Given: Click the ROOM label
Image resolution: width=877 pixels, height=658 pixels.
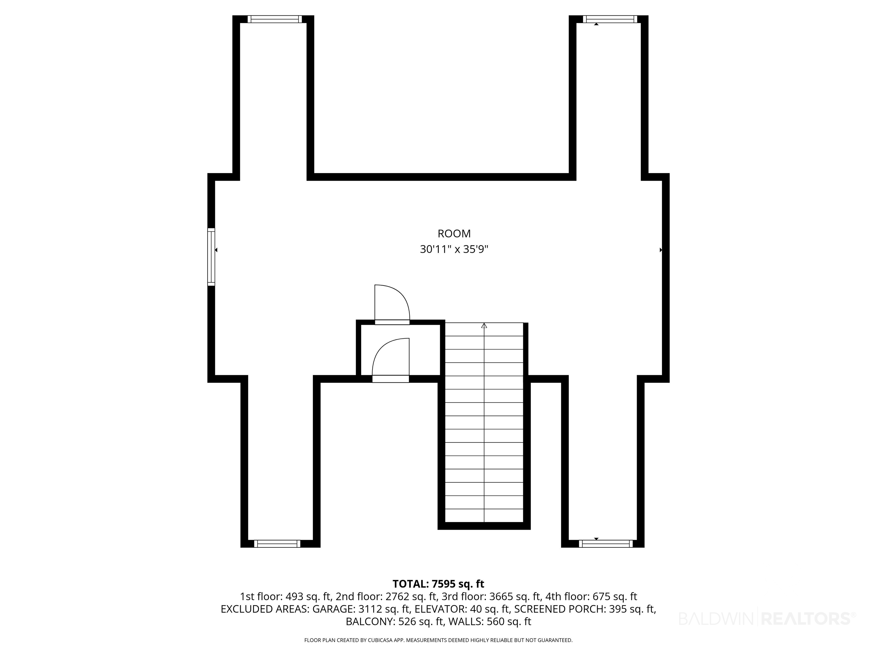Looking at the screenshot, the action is (x=454, y=234).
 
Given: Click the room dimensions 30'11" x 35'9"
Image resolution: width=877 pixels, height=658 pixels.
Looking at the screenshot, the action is (x=454, y=250).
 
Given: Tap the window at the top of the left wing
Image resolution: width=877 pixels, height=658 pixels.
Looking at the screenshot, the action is (x=274, y=19).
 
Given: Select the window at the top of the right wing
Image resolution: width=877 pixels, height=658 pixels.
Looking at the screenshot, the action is (x=610, y=19).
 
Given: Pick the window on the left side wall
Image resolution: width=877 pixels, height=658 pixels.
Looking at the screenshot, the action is (x=211, y=257).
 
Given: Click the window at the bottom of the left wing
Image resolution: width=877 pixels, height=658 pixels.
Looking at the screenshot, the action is (x=277, y=544).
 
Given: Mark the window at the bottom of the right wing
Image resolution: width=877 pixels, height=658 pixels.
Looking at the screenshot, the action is (x=606, y=544).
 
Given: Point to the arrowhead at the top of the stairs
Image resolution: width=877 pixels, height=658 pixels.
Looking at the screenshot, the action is (x=484, y=326).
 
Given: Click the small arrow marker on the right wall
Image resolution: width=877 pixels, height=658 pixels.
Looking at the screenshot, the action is (x=661, y=250).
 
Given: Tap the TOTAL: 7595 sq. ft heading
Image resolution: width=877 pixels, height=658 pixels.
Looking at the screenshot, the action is (x=438, y=584).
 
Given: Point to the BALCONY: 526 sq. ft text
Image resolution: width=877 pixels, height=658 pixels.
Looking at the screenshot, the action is (x=395, y=621).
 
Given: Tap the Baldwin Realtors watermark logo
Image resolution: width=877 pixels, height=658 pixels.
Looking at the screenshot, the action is (x=767, y=618).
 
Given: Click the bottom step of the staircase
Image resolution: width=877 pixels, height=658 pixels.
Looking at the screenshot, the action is (x=484, y=515).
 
